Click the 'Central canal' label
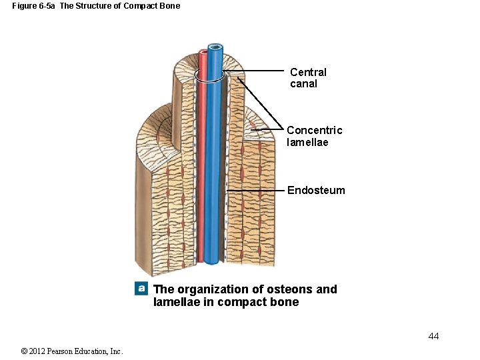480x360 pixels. click(308, 78)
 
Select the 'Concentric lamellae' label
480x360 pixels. click(314, 136)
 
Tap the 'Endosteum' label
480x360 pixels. click(316, 190)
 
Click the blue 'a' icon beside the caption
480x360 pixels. click(141, 289)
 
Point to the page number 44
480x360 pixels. click(433, 336)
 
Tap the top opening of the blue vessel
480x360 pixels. click(215, 47)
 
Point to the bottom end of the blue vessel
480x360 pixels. click(212, 261)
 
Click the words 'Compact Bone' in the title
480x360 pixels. click(153, 6)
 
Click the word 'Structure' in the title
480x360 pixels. click(95, 6)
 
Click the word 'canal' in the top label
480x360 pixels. click(303, 84)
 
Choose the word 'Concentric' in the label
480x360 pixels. click(314, 130)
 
